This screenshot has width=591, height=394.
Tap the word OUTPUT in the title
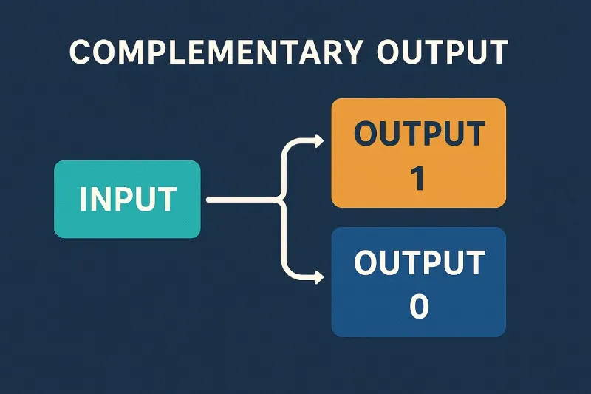[x=442, y=52]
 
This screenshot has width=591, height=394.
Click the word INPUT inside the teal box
[x=128, y=200]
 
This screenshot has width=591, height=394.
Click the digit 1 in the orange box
[x=418, y=179]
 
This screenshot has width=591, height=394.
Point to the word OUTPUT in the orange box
[x=418, y=135]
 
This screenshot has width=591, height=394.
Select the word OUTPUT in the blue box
[x=418, y=263]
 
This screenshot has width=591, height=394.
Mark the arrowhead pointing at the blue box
[x=318, y=278]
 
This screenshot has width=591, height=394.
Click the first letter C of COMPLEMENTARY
[x=80, y=52]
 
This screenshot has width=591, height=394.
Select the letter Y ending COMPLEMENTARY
[x=352, y=52]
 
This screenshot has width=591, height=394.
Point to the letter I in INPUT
[x=83, y=200]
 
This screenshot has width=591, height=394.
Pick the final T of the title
[x=499, y=52]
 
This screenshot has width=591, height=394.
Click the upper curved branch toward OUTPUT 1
[x=287, y=158]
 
